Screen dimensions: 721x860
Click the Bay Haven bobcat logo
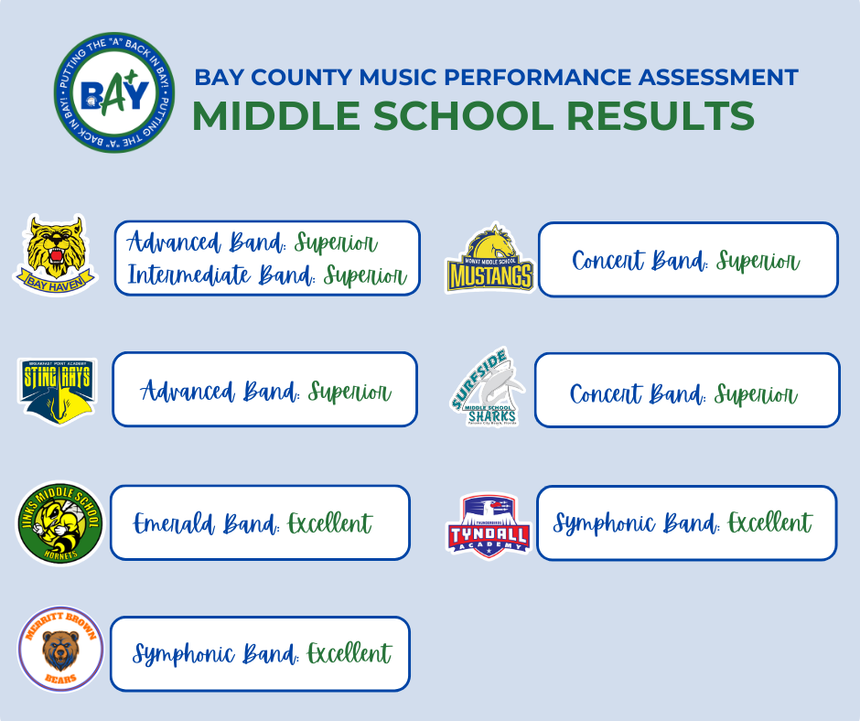coord(57,254)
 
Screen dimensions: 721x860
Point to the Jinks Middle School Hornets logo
coord(60,523)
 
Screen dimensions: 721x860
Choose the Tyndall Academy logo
coord(489,523)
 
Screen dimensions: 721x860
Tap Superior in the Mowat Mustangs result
coord(758,262)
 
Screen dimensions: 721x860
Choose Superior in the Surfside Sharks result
coord(755,395)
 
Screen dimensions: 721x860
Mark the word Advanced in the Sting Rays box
coord(188,393)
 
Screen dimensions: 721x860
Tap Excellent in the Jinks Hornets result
coord(329,524)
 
